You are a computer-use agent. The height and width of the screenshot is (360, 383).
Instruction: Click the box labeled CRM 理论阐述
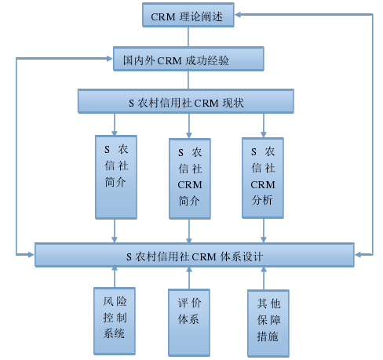tap(188, 15)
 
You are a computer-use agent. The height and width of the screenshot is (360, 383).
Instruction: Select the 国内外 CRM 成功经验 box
tap(188, 59)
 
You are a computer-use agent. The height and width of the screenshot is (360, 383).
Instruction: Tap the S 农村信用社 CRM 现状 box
tap(186, 101)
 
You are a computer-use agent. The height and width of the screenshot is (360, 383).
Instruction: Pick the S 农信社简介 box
tap(116, 177)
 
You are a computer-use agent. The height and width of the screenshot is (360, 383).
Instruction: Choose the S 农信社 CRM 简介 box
tap(190, 179)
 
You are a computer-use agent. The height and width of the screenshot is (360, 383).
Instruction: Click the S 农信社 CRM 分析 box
tap(263, 178)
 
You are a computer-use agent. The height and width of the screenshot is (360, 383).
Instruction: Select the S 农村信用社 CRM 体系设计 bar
tap(195, 255)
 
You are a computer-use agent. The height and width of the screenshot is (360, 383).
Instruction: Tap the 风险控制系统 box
tap(115, 321)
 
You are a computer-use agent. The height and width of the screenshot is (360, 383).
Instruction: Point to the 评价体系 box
tap(189, 322)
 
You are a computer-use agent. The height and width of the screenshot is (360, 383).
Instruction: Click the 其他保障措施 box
tap(268, 323)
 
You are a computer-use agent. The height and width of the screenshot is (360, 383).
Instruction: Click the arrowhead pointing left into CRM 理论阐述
tap(238, 14)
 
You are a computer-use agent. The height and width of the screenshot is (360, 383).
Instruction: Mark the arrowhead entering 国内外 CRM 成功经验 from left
tap(110, 59)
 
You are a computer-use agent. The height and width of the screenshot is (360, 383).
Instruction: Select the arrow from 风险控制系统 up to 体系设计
tap(115, 277)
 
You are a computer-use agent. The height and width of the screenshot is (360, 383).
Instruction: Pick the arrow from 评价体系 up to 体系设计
tap(189, 278)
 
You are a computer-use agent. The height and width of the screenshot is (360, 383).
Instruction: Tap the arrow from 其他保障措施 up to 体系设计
tap(264, 278)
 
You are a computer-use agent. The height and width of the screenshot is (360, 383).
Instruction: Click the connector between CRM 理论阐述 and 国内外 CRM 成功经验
tap(188, 37)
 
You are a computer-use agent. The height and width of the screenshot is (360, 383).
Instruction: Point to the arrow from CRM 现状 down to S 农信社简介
tap(115, 124)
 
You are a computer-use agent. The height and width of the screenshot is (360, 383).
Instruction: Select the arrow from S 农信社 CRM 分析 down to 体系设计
tap(264, 231)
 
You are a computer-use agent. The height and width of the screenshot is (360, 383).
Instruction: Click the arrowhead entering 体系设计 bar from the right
tap(358, 254)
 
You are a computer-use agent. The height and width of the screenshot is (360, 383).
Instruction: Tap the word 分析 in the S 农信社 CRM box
tap(262, 200)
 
